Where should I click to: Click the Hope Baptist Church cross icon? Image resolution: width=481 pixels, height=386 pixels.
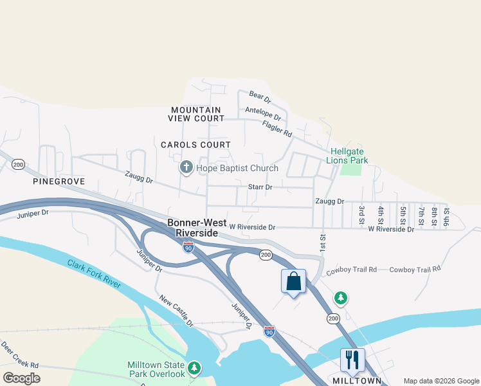186,168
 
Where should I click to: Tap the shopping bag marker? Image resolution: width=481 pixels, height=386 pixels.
293,281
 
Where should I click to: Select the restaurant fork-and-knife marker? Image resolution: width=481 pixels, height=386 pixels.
352,359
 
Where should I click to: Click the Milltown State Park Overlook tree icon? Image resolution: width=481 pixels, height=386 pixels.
194,369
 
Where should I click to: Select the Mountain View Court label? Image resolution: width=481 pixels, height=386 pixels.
196,114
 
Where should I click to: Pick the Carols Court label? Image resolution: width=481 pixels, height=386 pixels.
195,145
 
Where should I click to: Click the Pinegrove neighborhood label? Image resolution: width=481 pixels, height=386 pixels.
59,182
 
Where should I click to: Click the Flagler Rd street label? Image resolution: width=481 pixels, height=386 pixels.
277,129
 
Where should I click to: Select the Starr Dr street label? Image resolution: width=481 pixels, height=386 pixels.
260,187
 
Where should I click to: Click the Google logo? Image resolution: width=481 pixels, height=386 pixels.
21,378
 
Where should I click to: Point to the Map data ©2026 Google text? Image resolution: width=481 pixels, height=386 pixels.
440,381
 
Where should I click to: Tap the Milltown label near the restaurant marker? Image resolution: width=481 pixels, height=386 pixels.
358,381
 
